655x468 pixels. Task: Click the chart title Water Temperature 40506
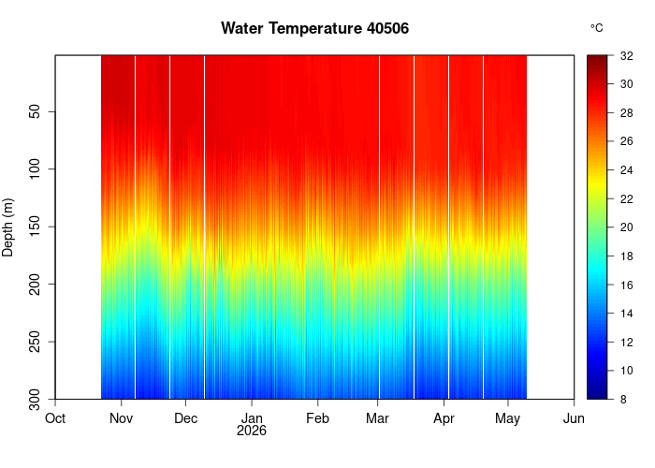(315, 28)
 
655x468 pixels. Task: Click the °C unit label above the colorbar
(597, 28)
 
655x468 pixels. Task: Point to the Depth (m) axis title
(7, 227)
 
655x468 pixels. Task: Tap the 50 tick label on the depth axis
(36, 111)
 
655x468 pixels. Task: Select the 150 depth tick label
(36, 227)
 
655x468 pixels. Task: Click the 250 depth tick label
(36, 342)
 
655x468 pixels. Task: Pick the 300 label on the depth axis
(36, 400)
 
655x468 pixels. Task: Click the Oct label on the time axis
(55, 418)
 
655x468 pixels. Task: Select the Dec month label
(186, 418)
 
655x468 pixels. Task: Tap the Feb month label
(317, 418)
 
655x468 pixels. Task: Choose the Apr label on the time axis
(444, 419)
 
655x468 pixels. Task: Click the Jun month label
(574, 418)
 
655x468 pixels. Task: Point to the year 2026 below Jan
(252, 431)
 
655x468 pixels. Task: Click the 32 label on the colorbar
(627, 56)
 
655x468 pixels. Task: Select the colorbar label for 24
(627, 170)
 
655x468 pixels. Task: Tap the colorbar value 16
(627, 285)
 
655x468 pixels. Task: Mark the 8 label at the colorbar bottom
(623, 400)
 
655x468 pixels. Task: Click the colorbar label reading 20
(627, 227)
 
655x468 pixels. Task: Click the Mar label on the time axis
(378, 418)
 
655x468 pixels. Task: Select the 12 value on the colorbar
(627, 343)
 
